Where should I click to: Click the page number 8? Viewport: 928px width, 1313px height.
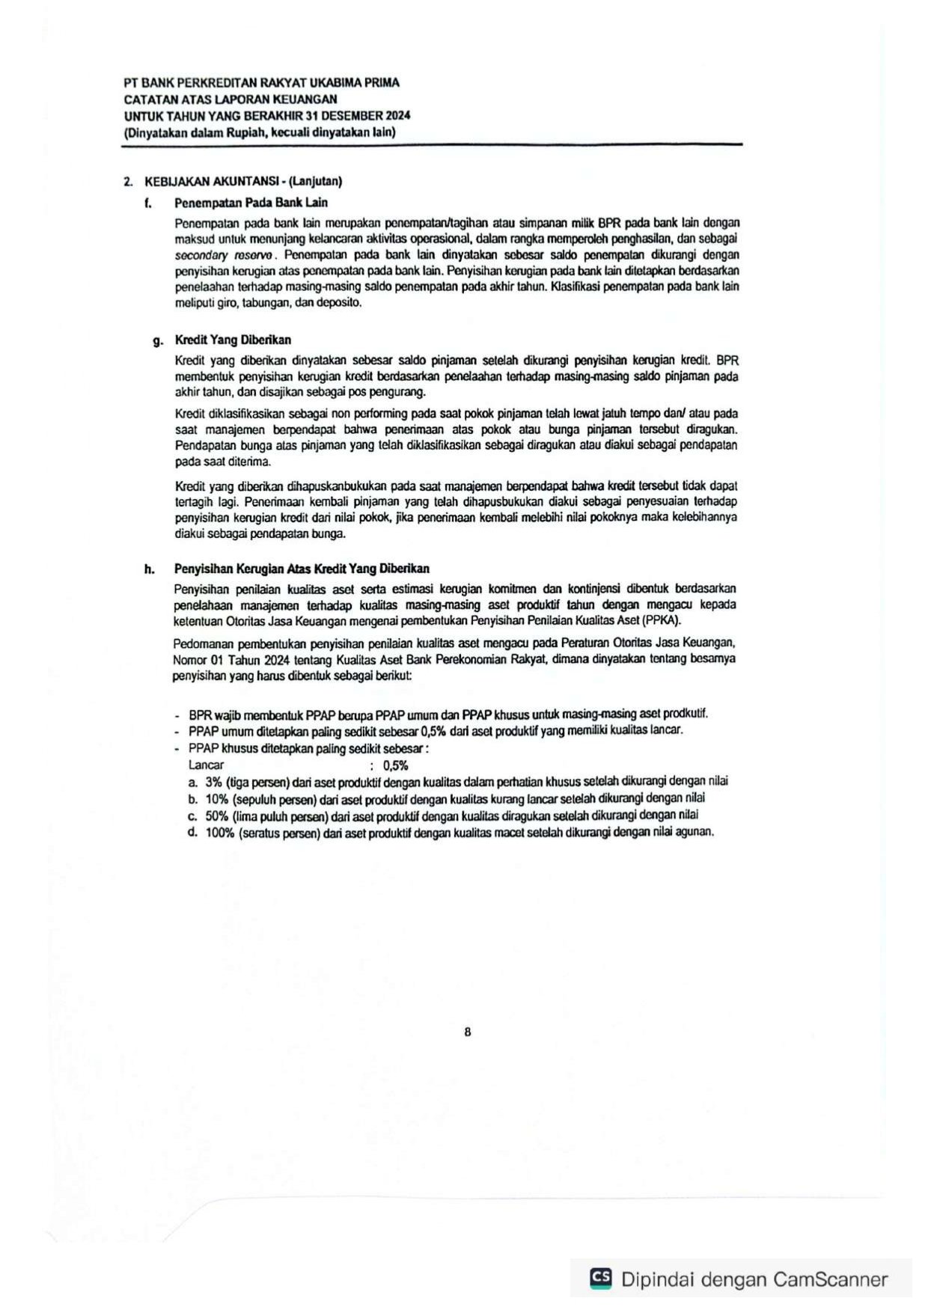coord(468,1032)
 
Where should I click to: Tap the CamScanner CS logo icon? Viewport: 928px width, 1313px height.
coord(600,1278)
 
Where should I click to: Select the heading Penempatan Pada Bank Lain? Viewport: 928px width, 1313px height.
coord(251,203)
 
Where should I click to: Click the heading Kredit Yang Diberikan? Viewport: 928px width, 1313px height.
coord(233,340)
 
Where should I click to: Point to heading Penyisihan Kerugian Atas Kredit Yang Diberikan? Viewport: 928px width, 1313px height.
coord(302,569)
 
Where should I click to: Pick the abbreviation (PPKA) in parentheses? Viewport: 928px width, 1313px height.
coord(661,620)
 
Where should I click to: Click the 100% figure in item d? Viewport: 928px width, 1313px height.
coord(220,833)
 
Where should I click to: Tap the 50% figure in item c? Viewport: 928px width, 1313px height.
coord(217,815)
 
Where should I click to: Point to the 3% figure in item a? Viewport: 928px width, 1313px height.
coord(213,782)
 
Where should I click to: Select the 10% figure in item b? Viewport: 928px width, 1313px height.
coord(217,798)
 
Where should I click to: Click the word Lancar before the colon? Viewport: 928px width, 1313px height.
coord(207,765)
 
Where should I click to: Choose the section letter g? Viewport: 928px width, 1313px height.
coord(157,341)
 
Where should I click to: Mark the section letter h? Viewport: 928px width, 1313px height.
coord(150,569)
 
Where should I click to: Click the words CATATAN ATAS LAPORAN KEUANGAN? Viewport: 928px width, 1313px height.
coord(231,99)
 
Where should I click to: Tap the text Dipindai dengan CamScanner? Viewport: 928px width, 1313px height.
coord(754,1279)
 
